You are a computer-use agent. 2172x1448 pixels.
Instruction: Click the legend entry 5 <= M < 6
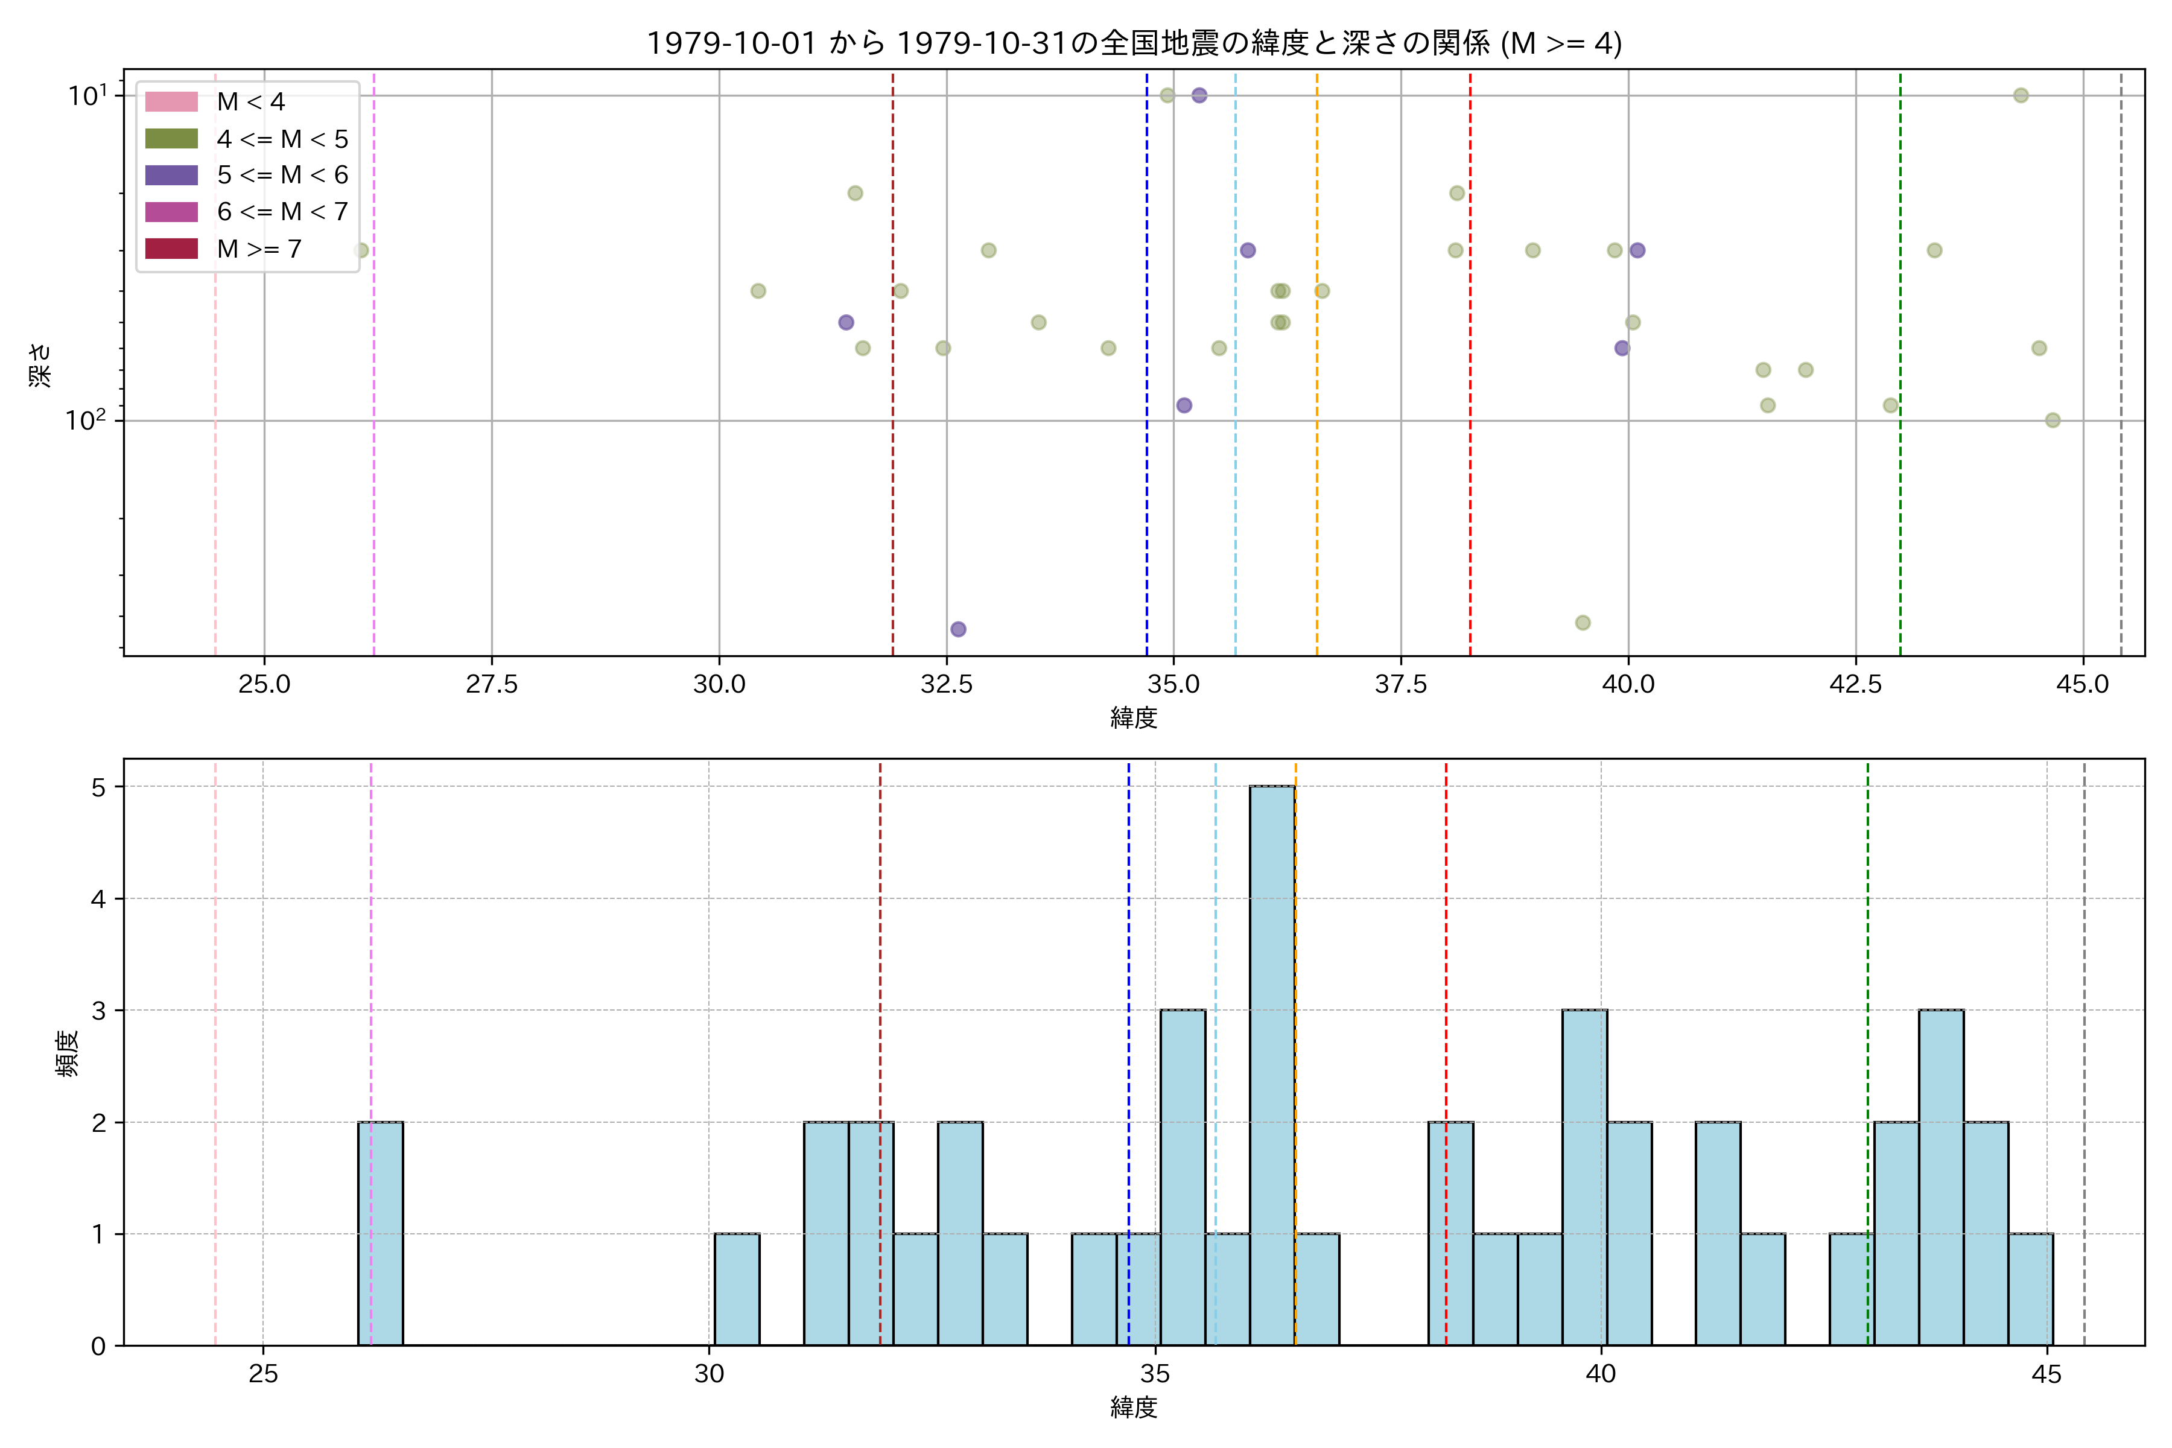coord(282,176)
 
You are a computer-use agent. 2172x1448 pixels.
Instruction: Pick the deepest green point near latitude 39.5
coord(1582,623)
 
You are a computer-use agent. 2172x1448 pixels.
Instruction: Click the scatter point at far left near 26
coord(361,250)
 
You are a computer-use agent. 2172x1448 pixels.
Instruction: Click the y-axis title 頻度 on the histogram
coord(66,1053)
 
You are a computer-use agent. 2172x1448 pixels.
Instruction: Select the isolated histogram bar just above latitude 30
coord(737,1289)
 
